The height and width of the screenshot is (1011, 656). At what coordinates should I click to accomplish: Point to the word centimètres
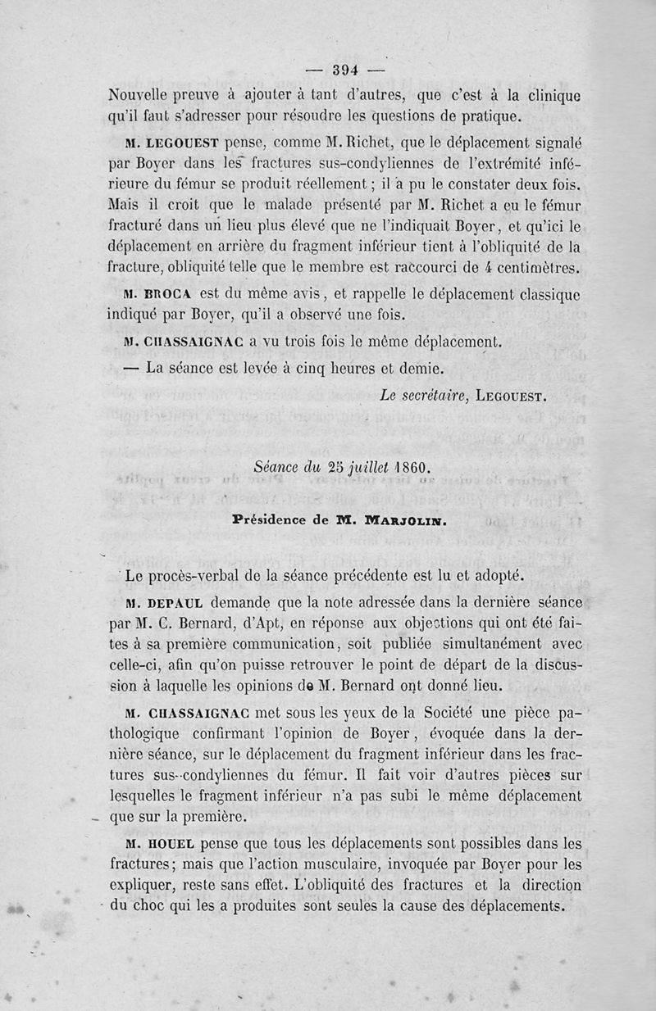(x=538, y=266)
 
